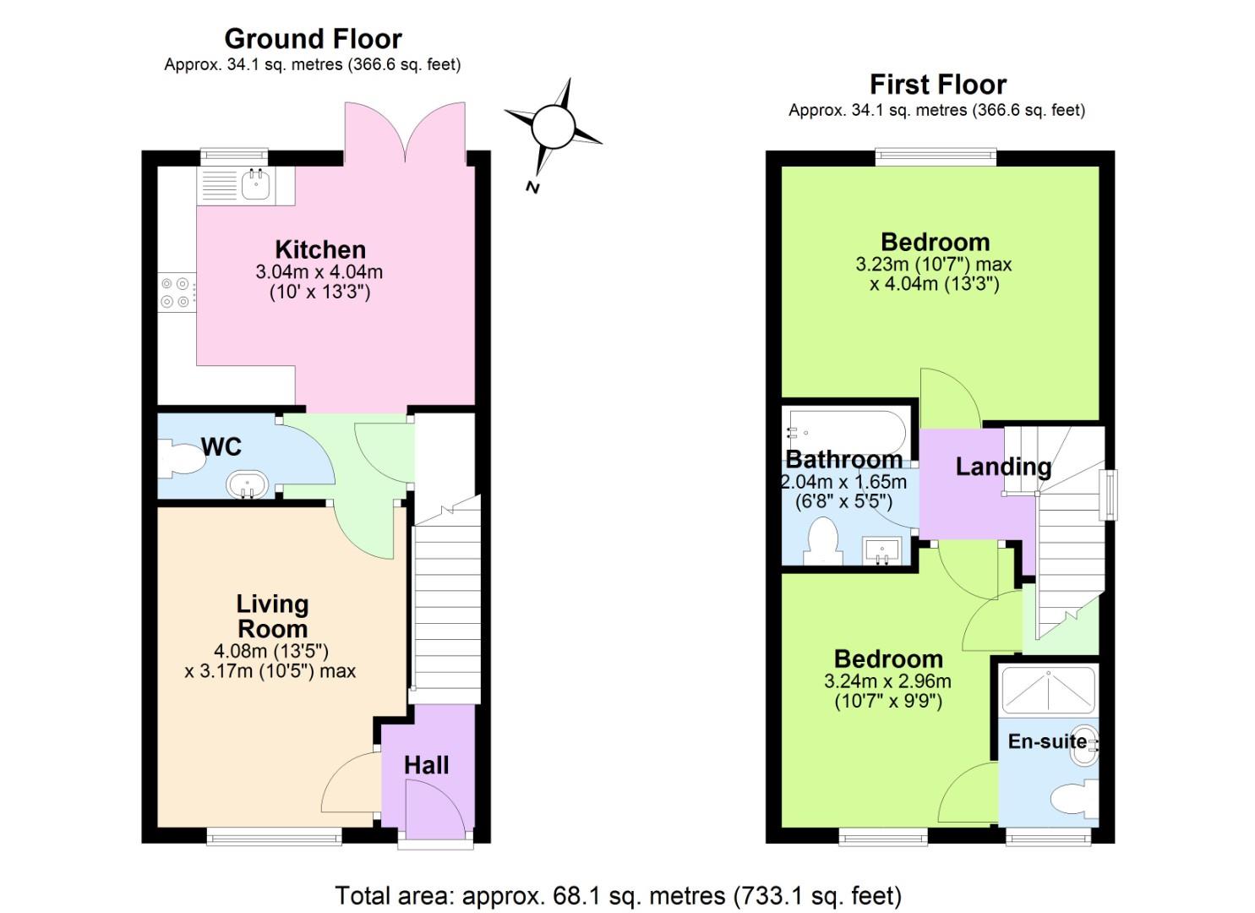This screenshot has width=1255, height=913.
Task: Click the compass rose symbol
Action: click(553, 127)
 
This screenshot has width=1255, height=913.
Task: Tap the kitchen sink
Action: click(254, 184)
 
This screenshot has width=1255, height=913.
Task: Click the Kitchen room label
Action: click(320, 249)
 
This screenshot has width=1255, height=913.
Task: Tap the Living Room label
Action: click(272, 616)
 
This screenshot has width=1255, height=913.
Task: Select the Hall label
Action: click(426, 765)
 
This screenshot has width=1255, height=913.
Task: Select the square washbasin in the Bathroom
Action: click(883, 551)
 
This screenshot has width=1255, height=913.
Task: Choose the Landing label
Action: click(1003, 467)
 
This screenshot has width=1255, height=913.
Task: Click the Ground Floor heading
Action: click(313, 39)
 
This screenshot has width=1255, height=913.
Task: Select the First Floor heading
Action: click(937, 85)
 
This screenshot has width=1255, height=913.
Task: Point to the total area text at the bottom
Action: click(618, 895)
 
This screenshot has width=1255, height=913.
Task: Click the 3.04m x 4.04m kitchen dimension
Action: click(319, 272)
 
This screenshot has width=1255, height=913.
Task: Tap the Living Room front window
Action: click(274, 837)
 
